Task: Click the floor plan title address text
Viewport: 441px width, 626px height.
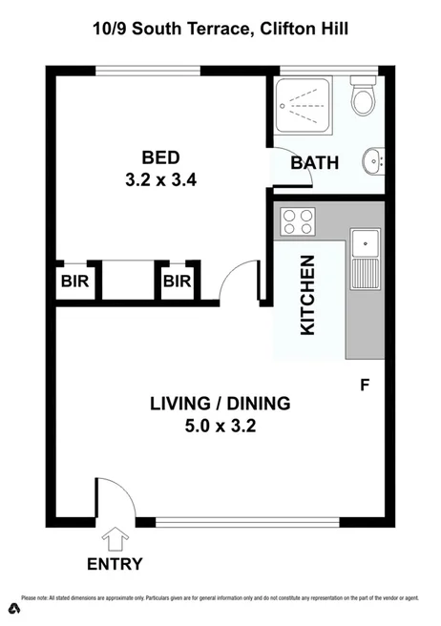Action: (x=220, y=30)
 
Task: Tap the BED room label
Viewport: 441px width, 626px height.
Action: (x=160, y=157)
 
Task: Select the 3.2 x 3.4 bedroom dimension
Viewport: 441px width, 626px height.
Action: (x=160, y=177)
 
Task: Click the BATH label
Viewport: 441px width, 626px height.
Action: (x=314, y=162)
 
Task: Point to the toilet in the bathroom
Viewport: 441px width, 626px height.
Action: (x=363, y=96)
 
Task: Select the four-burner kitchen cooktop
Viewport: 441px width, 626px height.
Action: (x=298, y=222)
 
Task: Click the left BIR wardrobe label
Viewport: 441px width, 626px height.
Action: (x=74, y=282)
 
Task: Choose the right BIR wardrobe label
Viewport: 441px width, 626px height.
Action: (x=177, y=282)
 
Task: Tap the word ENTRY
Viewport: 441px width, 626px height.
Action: (x=115, y=564)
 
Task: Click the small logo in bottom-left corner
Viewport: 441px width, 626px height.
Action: (x=13, y=608)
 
